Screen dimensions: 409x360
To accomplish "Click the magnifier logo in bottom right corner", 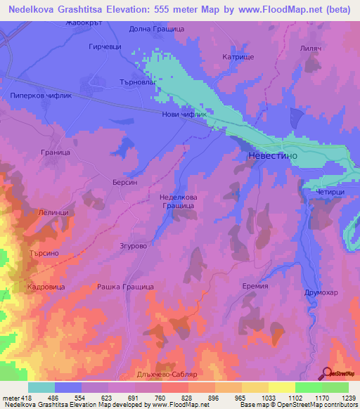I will coord(328,373).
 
